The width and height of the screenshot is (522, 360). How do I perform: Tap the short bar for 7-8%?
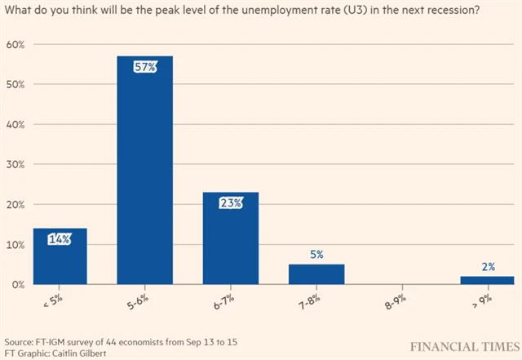click(x=316, y=274)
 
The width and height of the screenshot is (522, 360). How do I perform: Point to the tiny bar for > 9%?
click(x=488, y=280)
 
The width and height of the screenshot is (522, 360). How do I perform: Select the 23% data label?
click(x=231, y=202)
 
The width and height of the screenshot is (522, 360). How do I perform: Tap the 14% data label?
click(x=60, y=238)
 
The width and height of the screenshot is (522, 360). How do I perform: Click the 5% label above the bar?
click(x=316, y=255)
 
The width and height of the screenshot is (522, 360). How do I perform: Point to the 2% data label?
click(x=488, y=266)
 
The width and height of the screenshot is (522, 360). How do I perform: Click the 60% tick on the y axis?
click(x=16, y=44)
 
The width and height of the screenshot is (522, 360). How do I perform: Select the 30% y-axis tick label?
click(x=16, y=164)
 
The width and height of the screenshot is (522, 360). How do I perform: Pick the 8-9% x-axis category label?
click(x=397, y=303)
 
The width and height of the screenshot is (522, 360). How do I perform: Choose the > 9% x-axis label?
click(x=482, y=303)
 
